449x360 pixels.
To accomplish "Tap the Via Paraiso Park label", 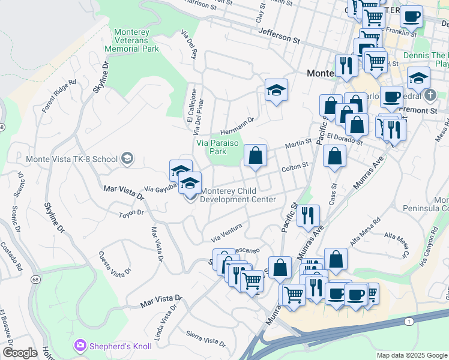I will pyautogui.click(x=218, y=147).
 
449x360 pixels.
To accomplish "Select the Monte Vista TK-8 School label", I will pyautogui.click(x=71, y=160).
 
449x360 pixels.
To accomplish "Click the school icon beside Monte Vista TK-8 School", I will pyautogui.click(x=127, y=159).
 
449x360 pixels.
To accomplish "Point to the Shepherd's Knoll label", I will pyautogui.click(x=112, y=345).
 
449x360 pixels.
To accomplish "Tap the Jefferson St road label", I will pyautogui.click(x=279, y=40).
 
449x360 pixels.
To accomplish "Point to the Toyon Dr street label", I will pyautogui.click(x=131, y=213).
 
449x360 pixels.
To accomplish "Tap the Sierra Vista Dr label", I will pyautogui.click(x=206, y=340).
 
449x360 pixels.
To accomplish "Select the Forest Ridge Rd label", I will pyautogui.click(x=59, y=96).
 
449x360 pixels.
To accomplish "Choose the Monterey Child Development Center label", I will pyautogui.click(x=238, y=196).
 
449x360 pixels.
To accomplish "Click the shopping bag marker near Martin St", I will pyautogui.click(x=255, y=156).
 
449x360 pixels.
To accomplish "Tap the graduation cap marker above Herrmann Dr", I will pyautogui.click(x=276, y=91).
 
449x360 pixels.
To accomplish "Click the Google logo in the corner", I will pyautogui.click(x=20, y=353).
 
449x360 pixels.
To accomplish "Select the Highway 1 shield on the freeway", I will pyautogui.click(x=409, y=322).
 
